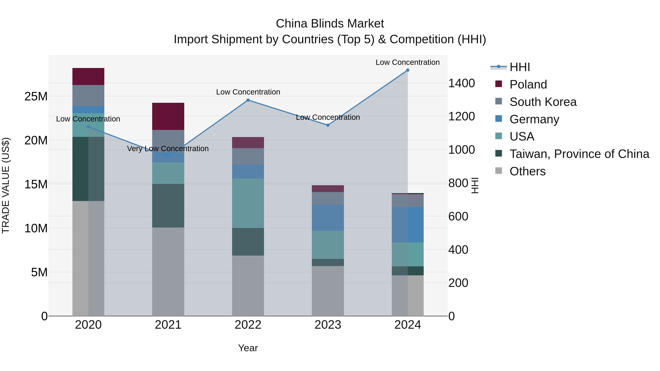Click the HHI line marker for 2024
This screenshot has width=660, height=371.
407,70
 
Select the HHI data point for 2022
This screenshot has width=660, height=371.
248,100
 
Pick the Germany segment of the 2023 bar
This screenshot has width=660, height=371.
328,218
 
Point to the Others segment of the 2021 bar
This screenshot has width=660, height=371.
168,271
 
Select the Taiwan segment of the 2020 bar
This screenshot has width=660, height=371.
88,169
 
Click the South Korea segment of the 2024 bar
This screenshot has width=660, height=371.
407,200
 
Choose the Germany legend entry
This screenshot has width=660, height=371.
534,119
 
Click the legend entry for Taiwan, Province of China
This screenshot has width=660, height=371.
579,154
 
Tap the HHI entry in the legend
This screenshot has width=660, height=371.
520,67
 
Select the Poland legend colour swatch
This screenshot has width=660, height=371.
499,84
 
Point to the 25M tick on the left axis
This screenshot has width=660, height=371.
36,97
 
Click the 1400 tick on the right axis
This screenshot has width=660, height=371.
461,83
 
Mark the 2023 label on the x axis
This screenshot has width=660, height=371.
328,325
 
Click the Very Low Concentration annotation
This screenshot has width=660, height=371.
168,149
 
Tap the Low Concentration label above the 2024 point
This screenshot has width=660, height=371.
407,62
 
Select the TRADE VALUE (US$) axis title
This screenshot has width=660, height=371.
6,185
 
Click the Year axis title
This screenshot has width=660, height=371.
248,348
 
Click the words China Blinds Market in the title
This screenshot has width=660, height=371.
330,24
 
